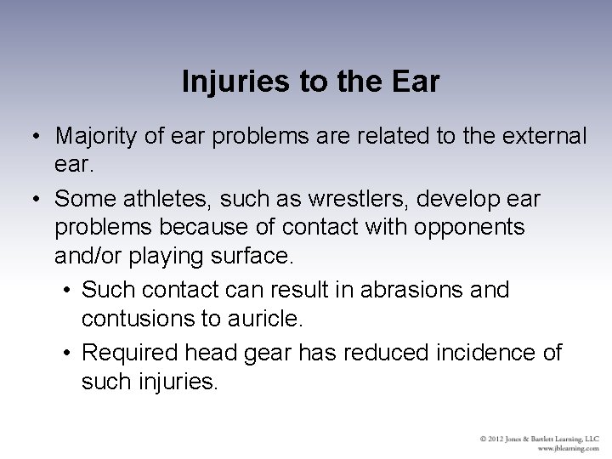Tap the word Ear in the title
tap(416, 82)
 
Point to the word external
tap(541, 136)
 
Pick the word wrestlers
tap(337, 198)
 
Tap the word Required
tap(134, 351)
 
